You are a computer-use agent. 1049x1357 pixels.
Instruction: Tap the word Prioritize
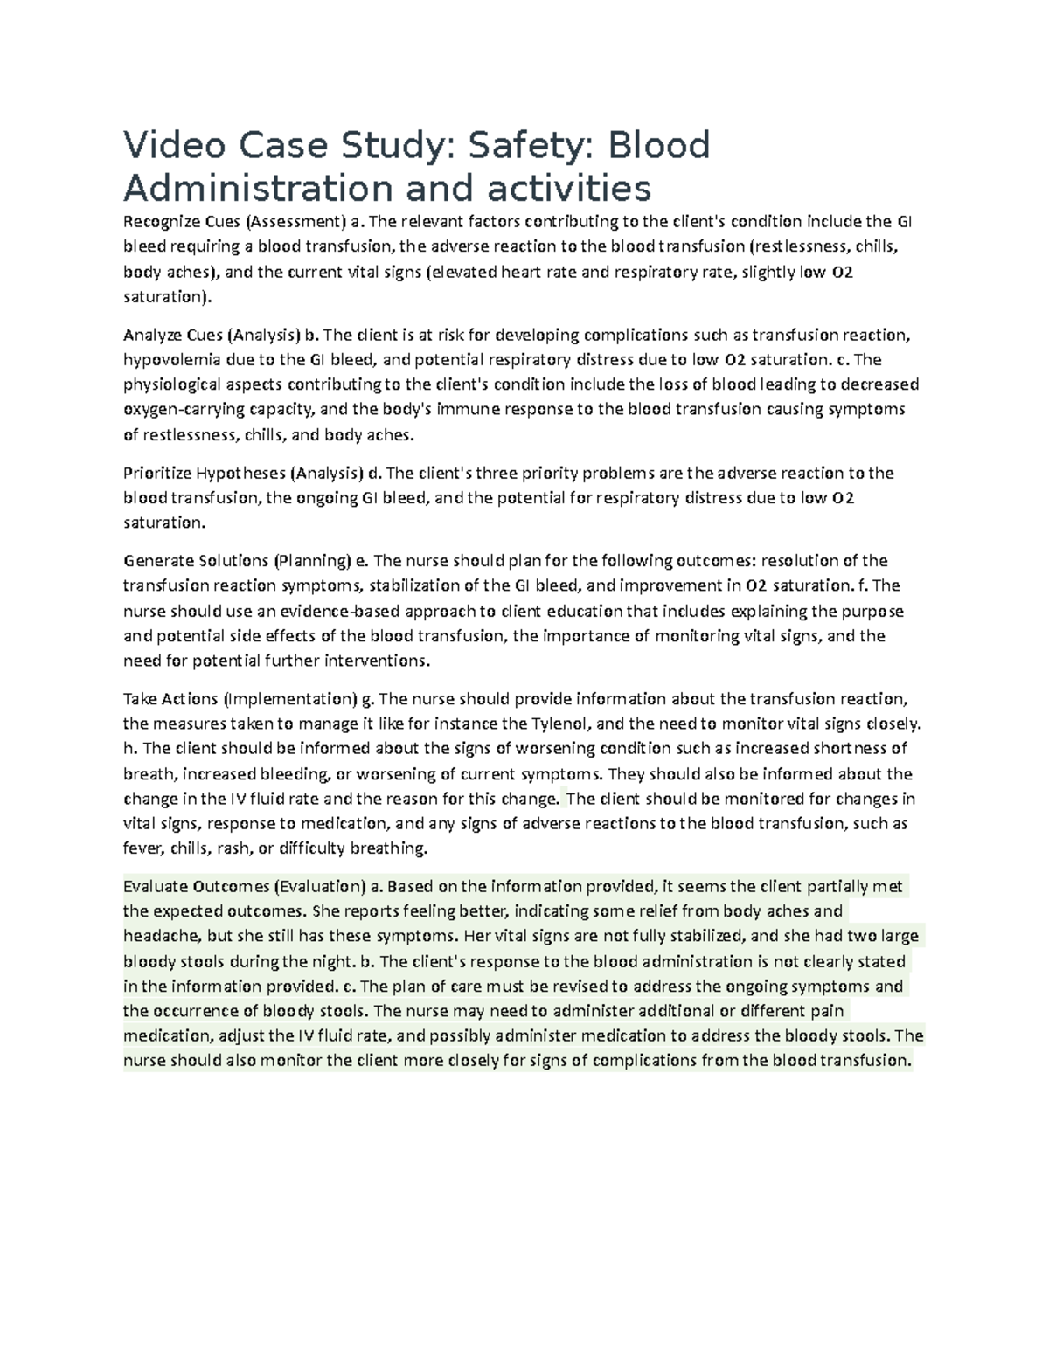coord(157,474)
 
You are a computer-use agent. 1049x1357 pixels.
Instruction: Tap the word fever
coord(142,848)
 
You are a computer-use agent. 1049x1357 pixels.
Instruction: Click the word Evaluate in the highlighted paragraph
coord(155,887)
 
